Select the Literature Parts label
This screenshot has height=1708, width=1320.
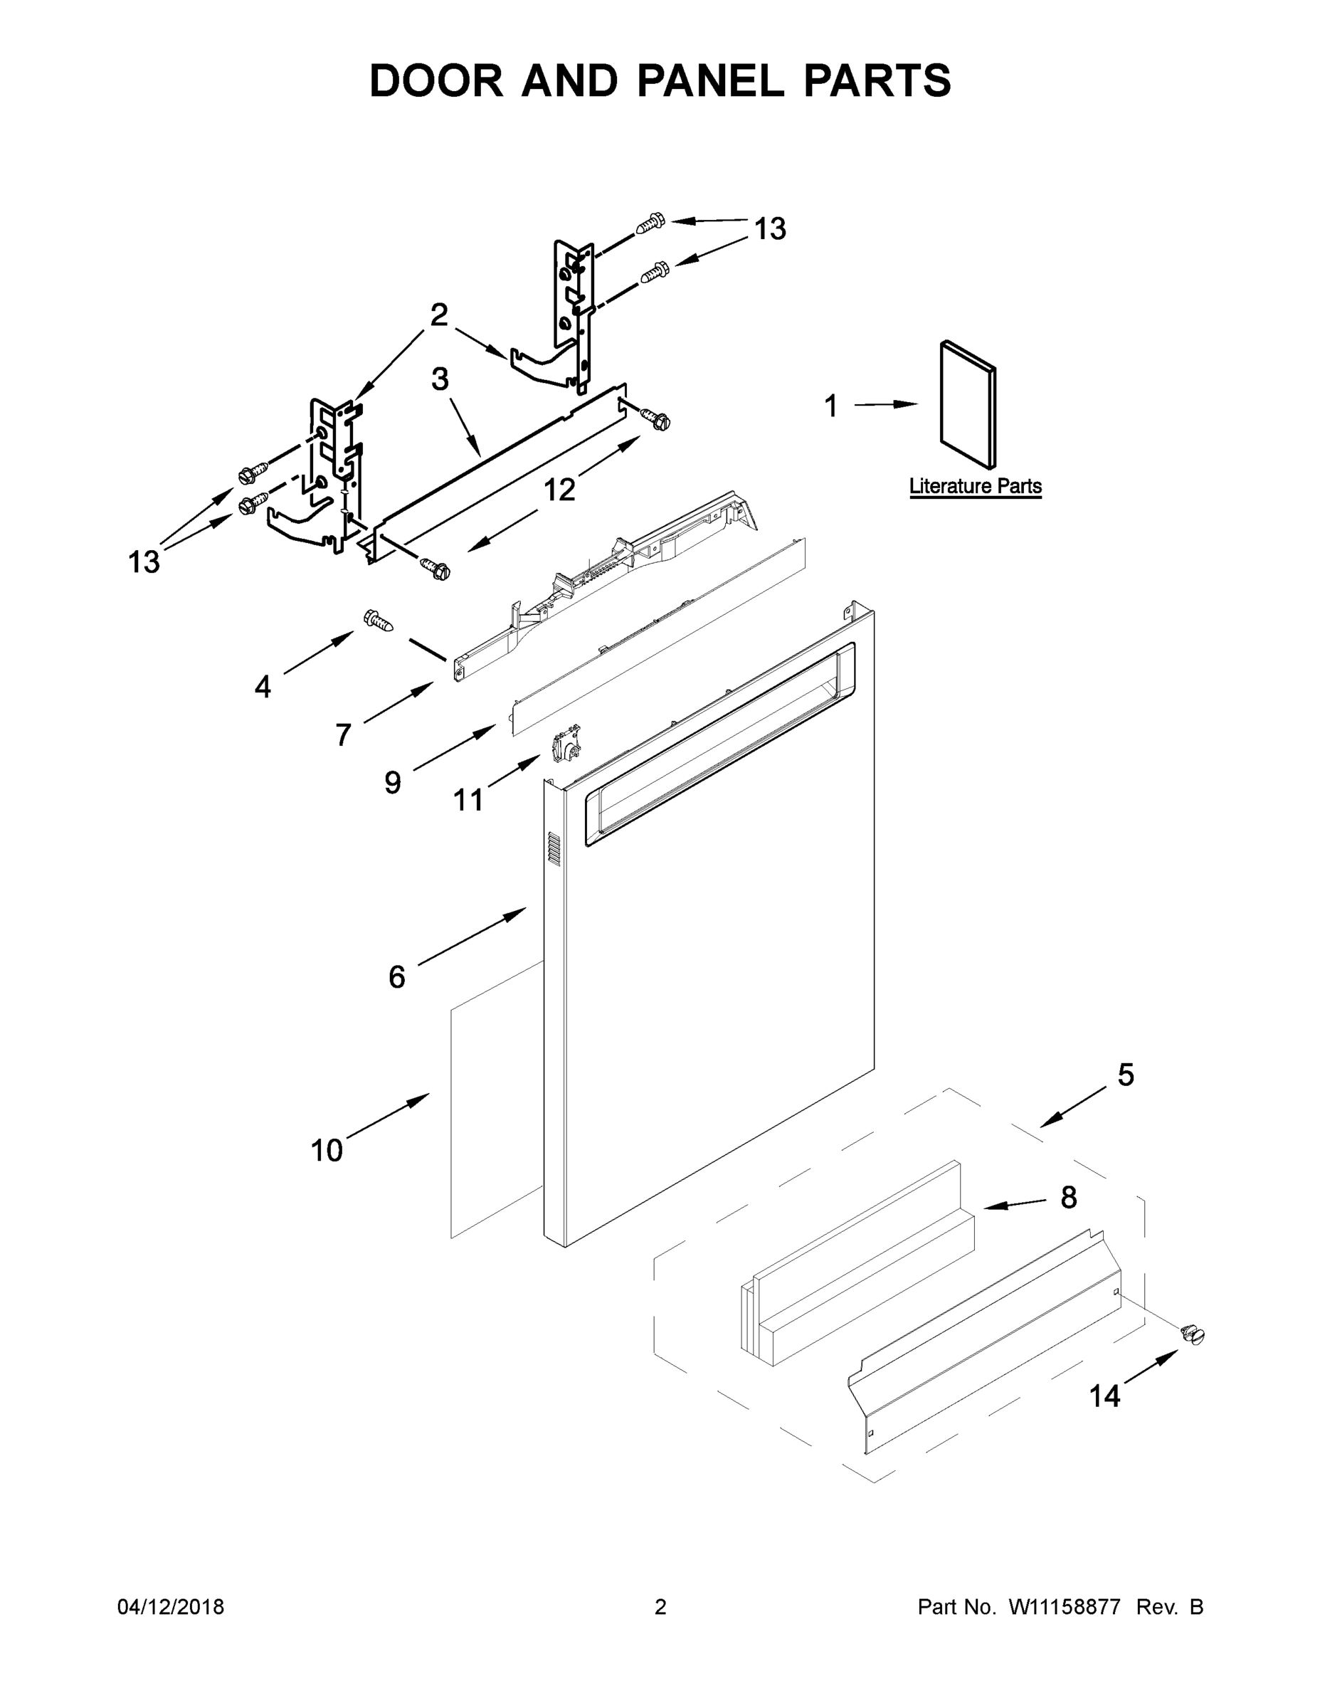pos(974,487)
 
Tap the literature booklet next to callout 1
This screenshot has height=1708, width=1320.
pos(967,404)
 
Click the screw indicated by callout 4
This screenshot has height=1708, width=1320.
pos(378,622)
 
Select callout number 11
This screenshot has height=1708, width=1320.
pos(468,799)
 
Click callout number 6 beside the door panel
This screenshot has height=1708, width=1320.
pos(396,977)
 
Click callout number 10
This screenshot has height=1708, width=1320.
pos(327,1150)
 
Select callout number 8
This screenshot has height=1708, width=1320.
pos(1068,1197)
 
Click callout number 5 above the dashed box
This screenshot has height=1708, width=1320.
pos(1125,1075)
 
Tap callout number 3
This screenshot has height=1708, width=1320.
pos(440,379)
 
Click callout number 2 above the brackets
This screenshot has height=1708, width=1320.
pos(440,315)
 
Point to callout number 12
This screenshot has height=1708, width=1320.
pos(559,490)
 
